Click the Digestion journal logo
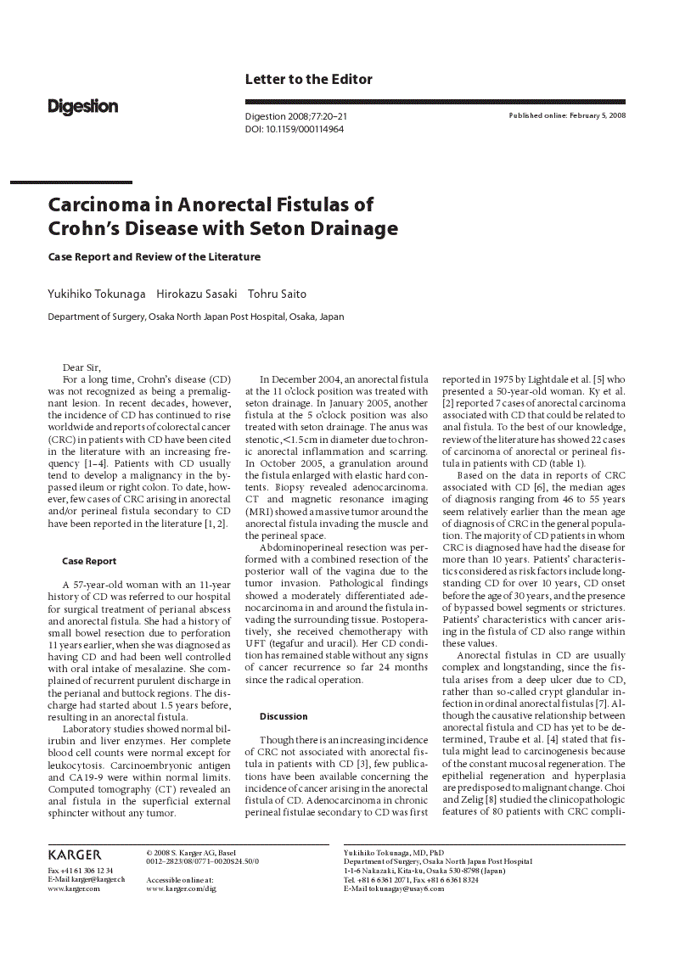[x=82, y=107]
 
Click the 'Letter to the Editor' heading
[x=308, y=79]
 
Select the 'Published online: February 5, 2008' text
[x=567, y=115]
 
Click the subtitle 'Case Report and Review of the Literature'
[x=154, y=256]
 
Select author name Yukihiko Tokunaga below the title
[x=96, y=294]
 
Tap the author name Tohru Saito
[x=277, y=294]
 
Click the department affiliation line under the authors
[x=195, y=317]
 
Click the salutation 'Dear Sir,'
[x=81, y=367]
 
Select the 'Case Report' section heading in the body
[x=89, y=561]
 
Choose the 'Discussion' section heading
[x=284, y=716]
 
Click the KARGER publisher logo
[x=75, y=855]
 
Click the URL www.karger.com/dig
[x=181, y=889]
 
